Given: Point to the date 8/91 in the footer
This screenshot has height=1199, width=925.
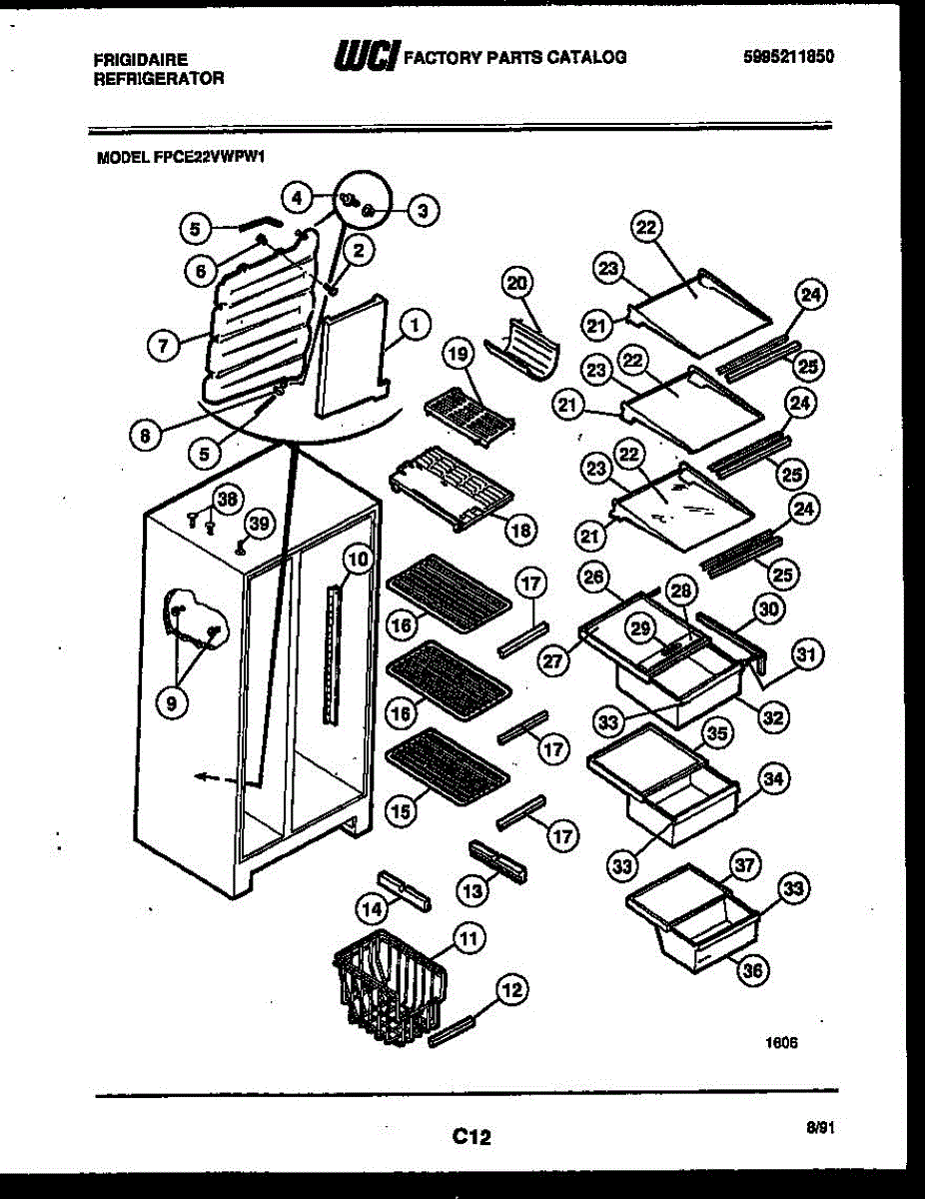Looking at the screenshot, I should tap(820, 1127).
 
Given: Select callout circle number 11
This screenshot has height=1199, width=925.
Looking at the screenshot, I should tap(467, 937).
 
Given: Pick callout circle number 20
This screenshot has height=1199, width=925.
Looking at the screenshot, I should tap(518, 284).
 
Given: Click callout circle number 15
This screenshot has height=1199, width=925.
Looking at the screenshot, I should tap(401, 811).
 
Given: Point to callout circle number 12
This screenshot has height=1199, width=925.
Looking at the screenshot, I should tap(511, 991).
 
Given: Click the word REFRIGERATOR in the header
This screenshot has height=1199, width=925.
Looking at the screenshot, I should tap(158, 78).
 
